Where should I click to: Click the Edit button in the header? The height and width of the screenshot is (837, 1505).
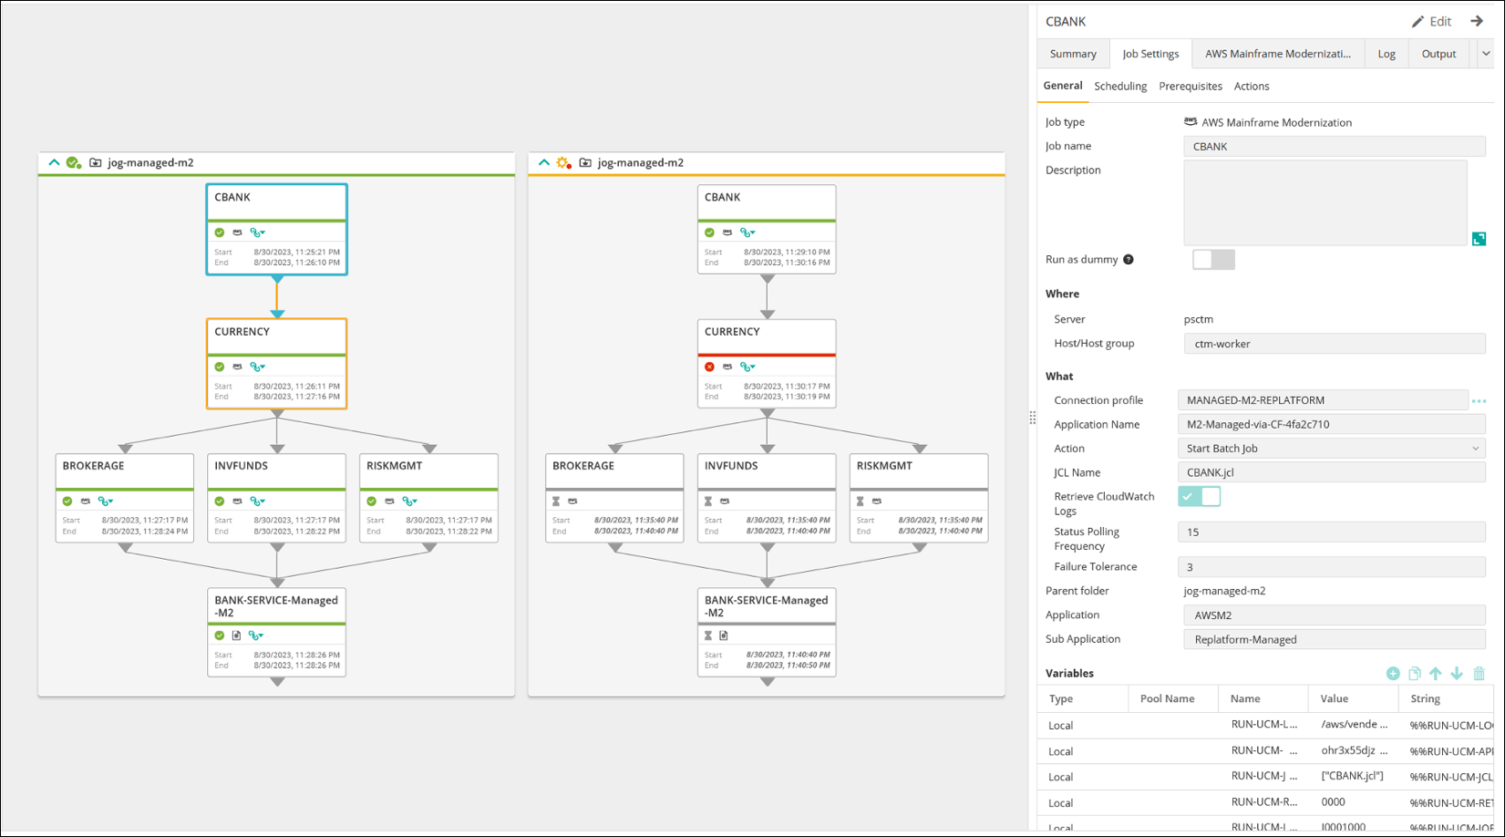tap(1431, 21)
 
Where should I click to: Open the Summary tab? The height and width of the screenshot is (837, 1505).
tap(1072, 54)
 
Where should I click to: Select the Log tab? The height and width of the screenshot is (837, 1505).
tap(1386, 54)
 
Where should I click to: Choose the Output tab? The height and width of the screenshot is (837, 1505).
tap(1438, 54)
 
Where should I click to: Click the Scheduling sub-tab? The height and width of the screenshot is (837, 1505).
tap(1120, 86)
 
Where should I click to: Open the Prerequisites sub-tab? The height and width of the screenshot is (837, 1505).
tap(1190, 86)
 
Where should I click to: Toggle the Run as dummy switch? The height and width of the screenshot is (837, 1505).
tap(1213, 260)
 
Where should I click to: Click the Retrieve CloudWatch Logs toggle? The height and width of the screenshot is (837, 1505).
tap(1199, 497)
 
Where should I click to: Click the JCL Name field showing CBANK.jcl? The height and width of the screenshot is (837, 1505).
tap(1331, 472)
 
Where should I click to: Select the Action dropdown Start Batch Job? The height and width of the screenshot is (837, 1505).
tap(1331, 449)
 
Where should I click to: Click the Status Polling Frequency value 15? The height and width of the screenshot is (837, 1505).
tap(1331, 532)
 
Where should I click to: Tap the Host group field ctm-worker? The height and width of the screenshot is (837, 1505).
tap(1334, 344)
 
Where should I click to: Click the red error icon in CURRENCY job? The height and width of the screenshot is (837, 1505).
tap(709, 367)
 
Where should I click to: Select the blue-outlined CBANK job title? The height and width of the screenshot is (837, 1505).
tap(232, 197)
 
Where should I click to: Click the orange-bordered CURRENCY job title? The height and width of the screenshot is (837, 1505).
tap(242, 332)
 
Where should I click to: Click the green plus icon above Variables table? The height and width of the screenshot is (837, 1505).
tap(1393, 674)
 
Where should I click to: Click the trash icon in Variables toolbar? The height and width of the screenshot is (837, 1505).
tap(1479, 674)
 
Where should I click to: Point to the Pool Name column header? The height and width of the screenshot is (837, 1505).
tap(1167, 698)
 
